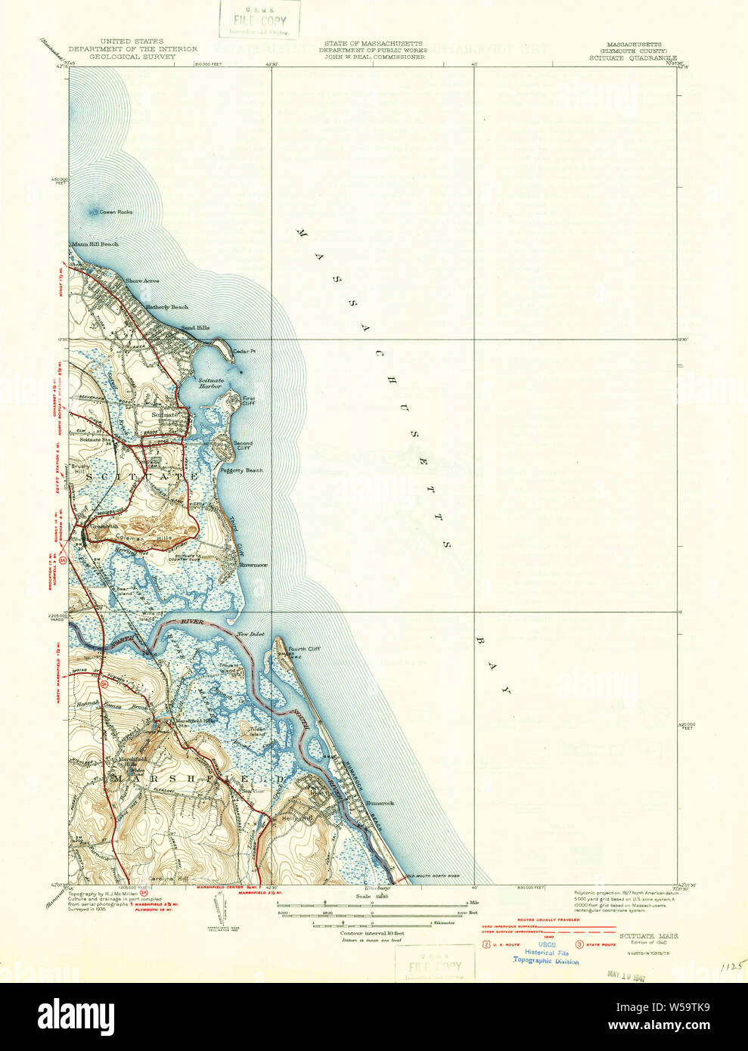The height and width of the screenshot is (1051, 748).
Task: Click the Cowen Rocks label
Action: (116, 212)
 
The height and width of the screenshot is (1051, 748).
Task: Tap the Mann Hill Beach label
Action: (95, 244)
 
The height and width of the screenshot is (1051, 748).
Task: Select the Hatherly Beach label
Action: (166, 308)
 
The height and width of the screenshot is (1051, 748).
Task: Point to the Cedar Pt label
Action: (244, 352)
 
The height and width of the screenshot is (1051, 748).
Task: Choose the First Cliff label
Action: (249, 401)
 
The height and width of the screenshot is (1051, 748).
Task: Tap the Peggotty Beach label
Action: (241, 470)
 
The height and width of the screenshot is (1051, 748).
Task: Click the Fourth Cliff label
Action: (303, 649)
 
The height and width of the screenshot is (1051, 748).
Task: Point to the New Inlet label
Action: (250, 634)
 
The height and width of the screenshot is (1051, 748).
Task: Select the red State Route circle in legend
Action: (580, 944)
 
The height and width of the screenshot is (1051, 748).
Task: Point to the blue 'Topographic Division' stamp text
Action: (546, 961)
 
